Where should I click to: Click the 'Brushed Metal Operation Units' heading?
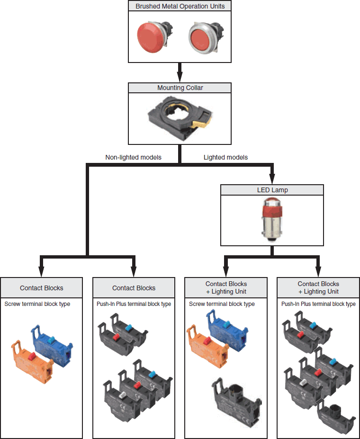[180, 6]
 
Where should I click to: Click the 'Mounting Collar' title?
[180, 88]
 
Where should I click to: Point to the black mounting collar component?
[180, 118]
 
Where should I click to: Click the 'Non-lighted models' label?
[133, 157]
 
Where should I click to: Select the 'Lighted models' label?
[225, 157]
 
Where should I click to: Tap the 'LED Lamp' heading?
[272, 190]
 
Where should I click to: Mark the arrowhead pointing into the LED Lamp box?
[272, 179]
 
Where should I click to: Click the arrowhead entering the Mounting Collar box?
[180, 77]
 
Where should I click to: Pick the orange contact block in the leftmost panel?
[32, 362]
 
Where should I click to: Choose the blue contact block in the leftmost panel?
[52, 346]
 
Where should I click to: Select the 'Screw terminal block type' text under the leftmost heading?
[37, 304]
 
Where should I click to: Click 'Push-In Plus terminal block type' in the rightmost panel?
[318, 304]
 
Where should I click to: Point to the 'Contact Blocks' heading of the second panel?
[134, 288]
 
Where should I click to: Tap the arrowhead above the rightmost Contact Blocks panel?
[318, 272]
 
